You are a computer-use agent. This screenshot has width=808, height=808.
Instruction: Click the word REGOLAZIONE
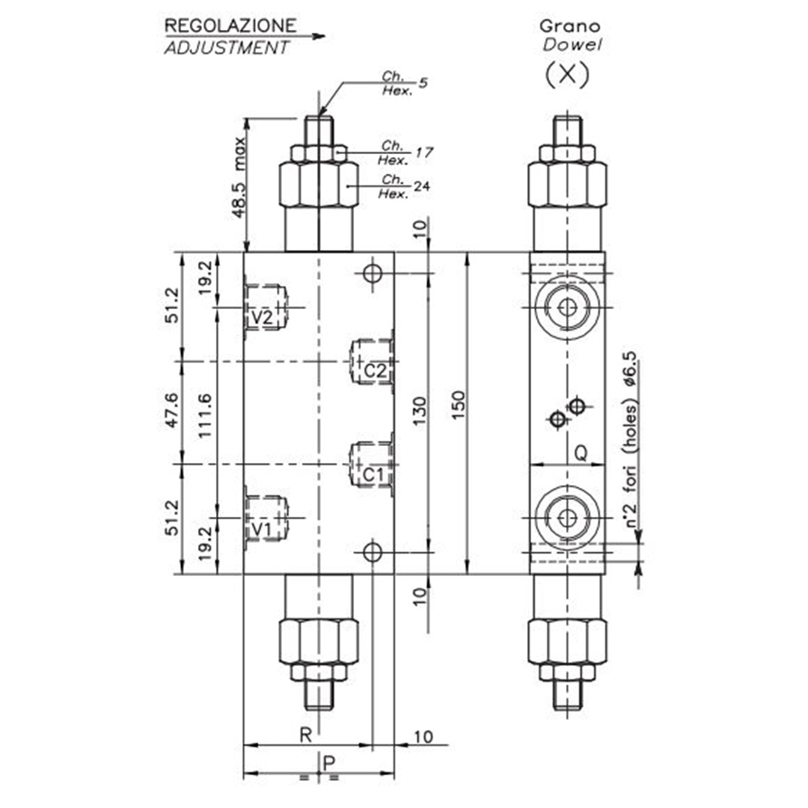pyautogui.click(x=230, y=25)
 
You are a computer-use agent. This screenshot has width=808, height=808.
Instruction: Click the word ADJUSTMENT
pyautogui.click(x=226, y=48)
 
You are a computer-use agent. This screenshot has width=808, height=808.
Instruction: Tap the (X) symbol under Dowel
pyautogui.click(x=567, y=75)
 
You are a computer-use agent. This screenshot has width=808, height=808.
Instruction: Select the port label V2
pyautogui.click(x=262, y=317)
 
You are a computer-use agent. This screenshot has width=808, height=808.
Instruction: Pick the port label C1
pyautogui.click(x=373, y=474)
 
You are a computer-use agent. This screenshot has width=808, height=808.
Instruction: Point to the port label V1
pyautogui.click(x=261, y=529)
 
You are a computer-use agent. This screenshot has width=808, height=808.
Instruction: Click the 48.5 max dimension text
pyautogui.click(x=239, y=177)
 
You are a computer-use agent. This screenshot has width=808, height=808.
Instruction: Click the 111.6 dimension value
pyautogui.click(x=205, y=416)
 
